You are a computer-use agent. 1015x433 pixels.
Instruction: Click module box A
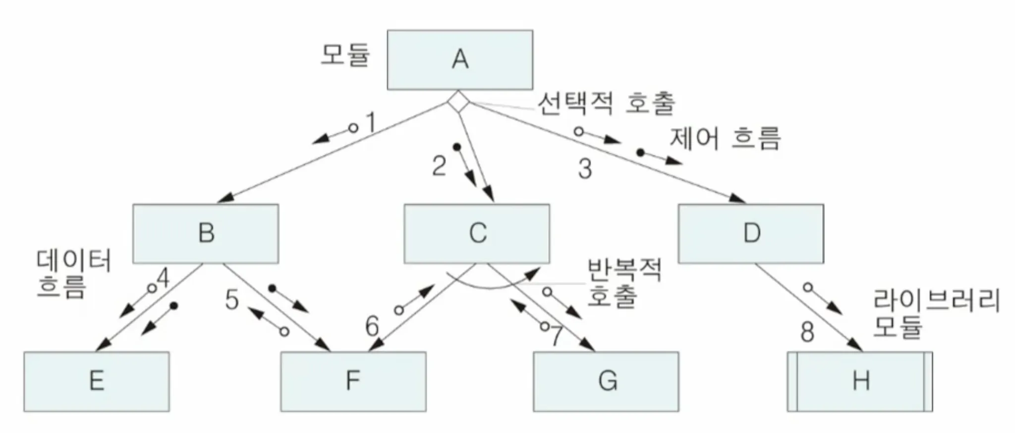[460, 60]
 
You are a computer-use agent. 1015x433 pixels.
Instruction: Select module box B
[206, 233]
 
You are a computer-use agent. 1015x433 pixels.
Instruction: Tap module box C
[477, 233]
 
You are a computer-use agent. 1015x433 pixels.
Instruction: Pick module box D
[751, 233]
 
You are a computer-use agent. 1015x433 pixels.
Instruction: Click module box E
[97, 381]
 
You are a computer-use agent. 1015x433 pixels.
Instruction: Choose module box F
[353, 381]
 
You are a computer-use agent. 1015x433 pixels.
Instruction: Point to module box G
[606, 381]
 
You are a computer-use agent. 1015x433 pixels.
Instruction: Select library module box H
[860, 381]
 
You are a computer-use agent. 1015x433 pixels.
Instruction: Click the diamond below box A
[458, 103]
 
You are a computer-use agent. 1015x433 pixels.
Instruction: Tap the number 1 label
[371, 122]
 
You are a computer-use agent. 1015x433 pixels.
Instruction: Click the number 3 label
[585, 169]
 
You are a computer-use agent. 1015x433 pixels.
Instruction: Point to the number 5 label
[231, 300]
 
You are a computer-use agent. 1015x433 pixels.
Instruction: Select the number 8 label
[807, 331]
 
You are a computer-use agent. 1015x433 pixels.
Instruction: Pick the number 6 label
[372, 326]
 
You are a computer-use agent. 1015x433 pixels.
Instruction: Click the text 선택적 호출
[606, 104]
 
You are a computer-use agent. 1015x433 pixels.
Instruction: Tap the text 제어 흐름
[725, 138]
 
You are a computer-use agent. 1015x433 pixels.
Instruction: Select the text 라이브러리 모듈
[936, 313]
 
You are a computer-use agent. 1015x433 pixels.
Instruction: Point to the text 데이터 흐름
[73, 273]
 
